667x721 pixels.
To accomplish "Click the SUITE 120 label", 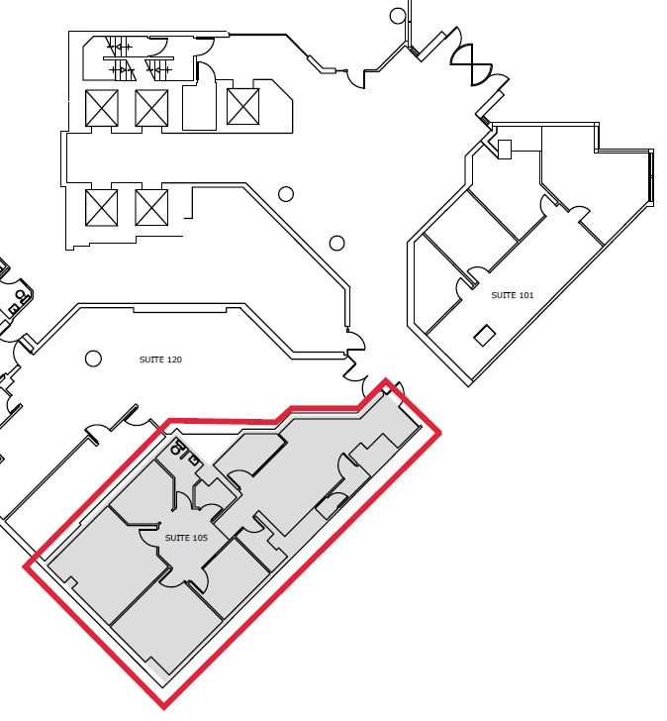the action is [160, 360].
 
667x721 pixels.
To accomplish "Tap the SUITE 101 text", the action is [513, 295].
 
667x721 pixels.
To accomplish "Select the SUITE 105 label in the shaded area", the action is [186, 538].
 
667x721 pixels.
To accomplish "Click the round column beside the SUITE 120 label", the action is [93, 359].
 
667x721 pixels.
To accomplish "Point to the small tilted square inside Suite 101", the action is [485, 335].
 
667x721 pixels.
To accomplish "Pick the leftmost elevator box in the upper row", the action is [102, 108].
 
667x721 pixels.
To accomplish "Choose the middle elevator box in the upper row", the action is [151, 108].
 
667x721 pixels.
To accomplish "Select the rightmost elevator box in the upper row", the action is [243, 107].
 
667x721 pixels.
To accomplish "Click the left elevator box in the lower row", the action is [102, 208].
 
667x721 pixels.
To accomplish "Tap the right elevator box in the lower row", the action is [151, 208].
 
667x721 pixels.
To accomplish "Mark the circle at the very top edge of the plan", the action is [398, 16].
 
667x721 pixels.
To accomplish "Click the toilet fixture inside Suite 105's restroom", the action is [176, 448].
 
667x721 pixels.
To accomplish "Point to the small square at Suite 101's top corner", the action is [505, 150].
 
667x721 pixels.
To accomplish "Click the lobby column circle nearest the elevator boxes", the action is [286, 194].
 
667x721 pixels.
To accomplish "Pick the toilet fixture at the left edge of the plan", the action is [20, 295].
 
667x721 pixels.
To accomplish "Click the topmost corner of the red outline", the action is [385, 379].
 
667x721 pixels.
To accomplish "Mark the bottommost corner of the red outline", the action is [163, 707].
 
